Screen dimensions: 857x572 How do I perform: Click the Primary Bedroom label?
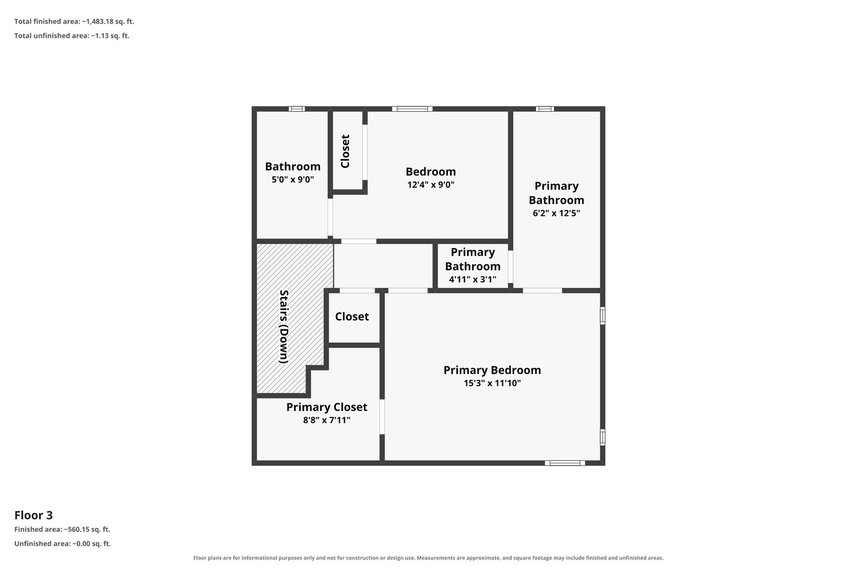point(492,370)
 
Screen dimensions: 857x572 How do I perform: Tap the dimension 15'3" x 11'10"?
point(492,383)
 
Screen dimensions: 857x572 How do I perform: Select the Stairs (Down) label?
point(284,326)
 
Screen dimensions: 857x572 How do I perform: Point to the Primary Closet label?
point(327,407)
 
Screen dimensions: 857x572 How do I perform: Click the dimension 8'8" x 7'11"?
point(327,421)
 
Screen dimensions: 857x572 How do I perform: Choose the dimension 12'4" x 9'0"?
point(431,185)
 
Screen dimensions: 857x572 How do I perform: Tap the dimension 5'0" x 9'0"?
point(293,180)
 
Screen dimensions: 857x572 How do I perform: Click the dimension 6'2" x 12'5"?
point(557,213)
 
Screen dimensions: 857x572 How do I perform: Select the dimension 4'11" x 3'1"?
point(472,279)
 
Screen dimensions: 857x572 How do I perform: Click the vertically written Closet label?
point(345,151)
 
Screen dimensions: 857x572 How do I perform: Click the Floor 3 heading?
point(34,515)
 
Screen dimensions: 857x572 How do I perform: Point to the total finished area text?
point(74,22)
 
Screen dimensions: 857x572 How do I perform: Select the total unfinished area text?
point(72,35)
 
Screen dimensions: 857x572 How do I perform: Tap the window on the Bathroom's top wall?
point(297,109)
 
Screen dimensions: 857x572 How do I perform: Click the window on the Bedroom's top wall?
point(413,109)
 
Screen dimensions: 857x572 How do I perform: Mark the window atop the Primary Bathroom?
point(545,109)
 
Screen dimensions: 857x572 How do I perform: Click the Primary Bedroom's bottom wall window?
point(565,463)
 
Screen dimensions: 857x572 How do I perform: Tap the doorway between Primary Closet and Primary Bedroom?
point(382,417)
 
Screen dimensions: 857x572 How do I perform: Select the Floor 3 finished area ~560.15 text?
point(62,530)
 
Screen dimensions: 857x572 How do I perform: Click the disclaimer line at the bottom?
point(428,558)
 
